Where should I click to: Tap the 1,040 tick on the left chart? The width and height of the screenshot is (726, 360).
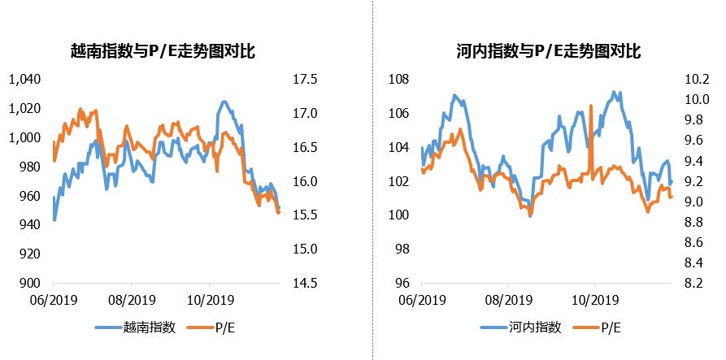point(24,80)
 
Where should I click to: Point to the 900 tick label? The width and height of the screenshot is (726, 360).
point(30,283)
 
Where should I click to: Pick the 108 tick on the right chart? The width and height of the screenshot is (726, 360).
point(397,80)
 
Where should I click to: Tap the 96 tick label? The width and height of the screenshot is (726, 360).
point(400,283)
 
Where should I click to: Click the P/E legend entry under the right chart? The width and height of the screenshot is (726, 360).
point(611,327)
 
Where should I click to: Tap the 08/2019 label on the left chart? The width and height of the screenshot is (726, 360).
point(132,298)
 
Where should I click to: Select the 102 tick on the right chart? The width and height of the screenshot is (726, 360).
point(397,181)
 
